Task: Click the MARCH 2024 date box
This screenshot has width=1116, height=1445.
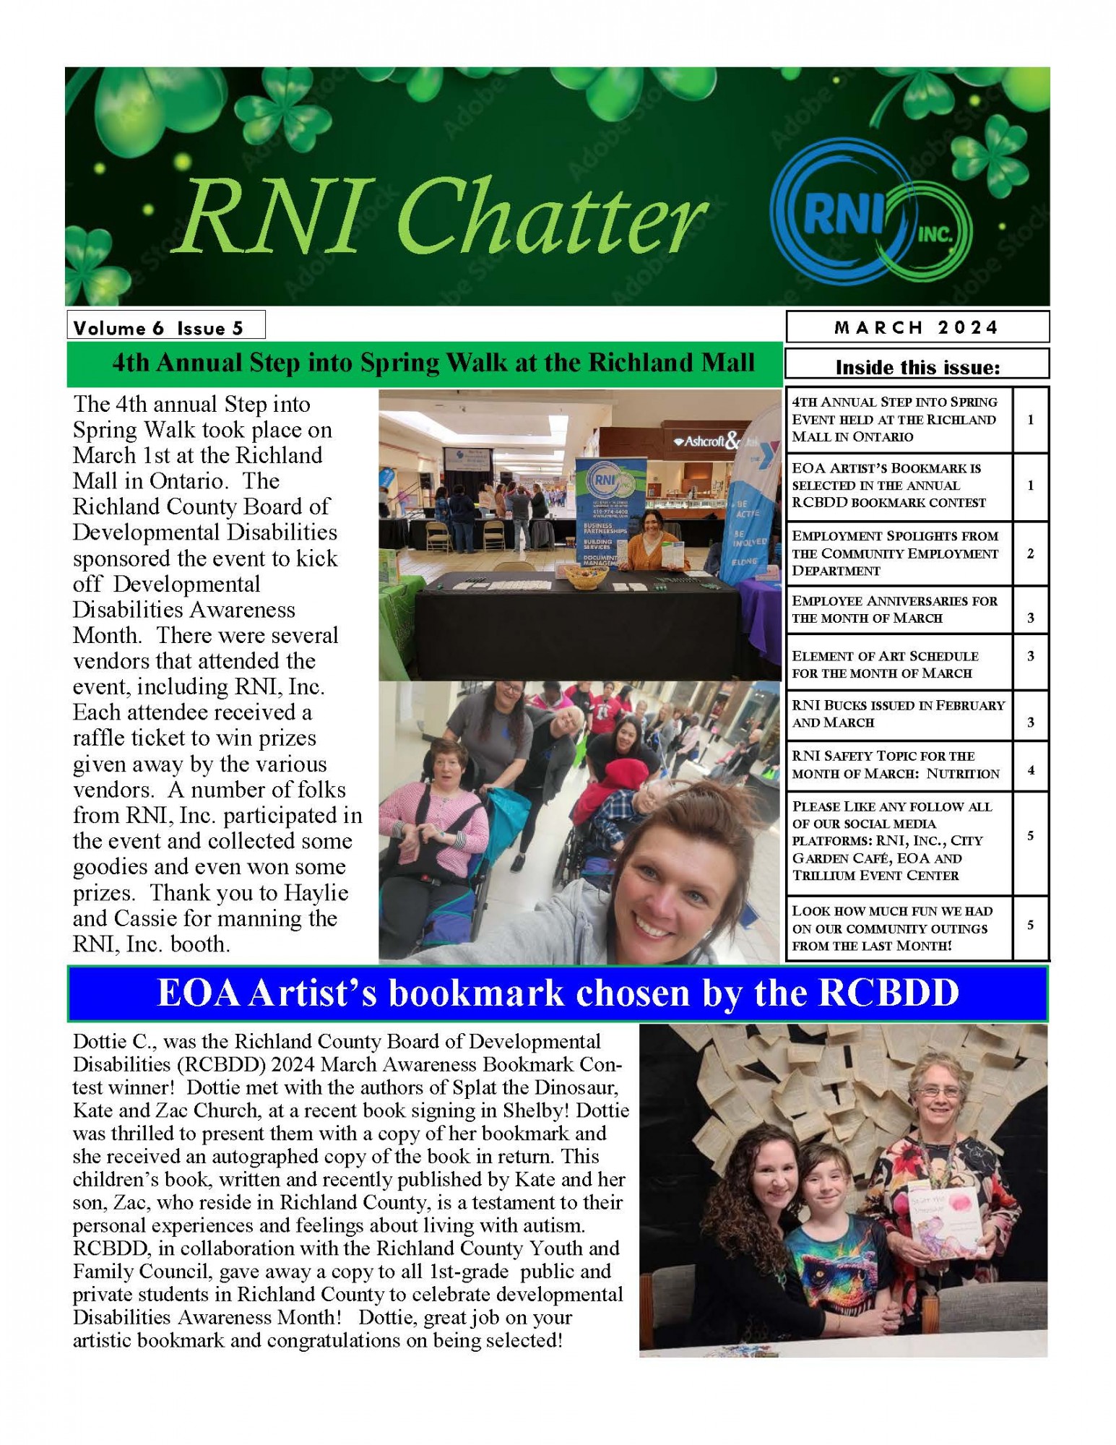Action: point(917,327)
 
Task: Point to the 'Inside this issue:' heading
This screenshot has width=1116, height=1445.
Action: point(917,368)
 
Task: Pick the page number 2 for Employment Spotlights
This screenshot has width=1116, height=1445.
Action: point(1030,553)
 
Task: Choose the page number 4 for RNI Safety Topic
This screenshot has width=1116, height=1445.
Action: point(1030,770)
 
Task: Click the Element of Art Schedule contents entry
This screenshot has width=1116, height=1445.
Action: point(898,664)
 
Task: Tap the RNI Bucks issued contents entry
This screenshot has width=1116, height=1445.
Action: point(898,713)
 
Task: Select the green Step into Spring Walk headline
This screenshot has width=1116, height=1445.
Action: point(433,363)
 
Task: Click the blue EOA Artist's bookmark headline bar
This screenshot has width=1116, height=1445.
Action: point(558,993)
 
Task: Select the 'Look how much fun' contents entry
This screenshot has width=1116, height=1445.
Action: point(898,928)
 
